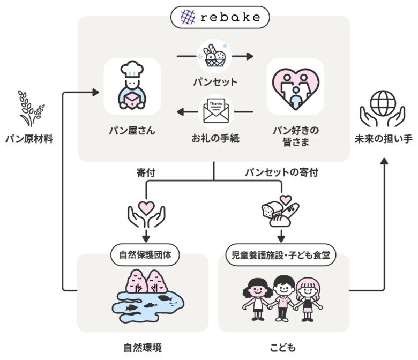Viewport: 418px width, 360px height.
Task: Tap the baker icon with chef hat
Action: [x=132, y=87]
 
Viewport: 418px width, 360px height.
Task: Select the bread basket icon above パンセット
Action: [x=214, y=56]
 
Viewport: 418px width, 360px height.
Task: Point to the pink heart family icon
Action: [x=295, y=87]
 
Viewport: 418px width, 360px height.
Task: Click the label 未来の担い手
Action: [x=383, y=139]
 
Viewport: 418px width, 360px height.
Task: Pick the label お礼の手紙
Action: [x=214, y=138]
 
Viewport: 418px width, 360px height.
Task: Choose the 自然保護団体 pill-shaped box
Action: [x=145, y=254]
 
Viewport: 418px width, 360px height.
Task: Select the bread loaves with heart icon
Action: [x=280, y=211]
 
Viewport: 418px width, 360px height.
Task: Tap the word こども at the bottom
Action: [x=284, y=347]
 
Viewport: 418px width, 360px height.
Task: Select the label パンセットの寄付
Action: [x=281, y=172]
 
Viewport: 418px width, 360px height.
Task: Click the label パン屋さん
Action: [x=132, y=130]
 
